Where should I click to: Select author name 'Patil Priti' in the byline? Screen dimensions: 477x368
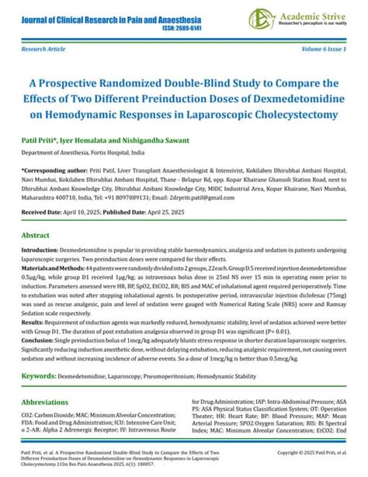(x=40, y=142)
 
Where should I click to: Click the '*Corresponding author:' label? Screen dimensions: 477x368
(x=57, y=169)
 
